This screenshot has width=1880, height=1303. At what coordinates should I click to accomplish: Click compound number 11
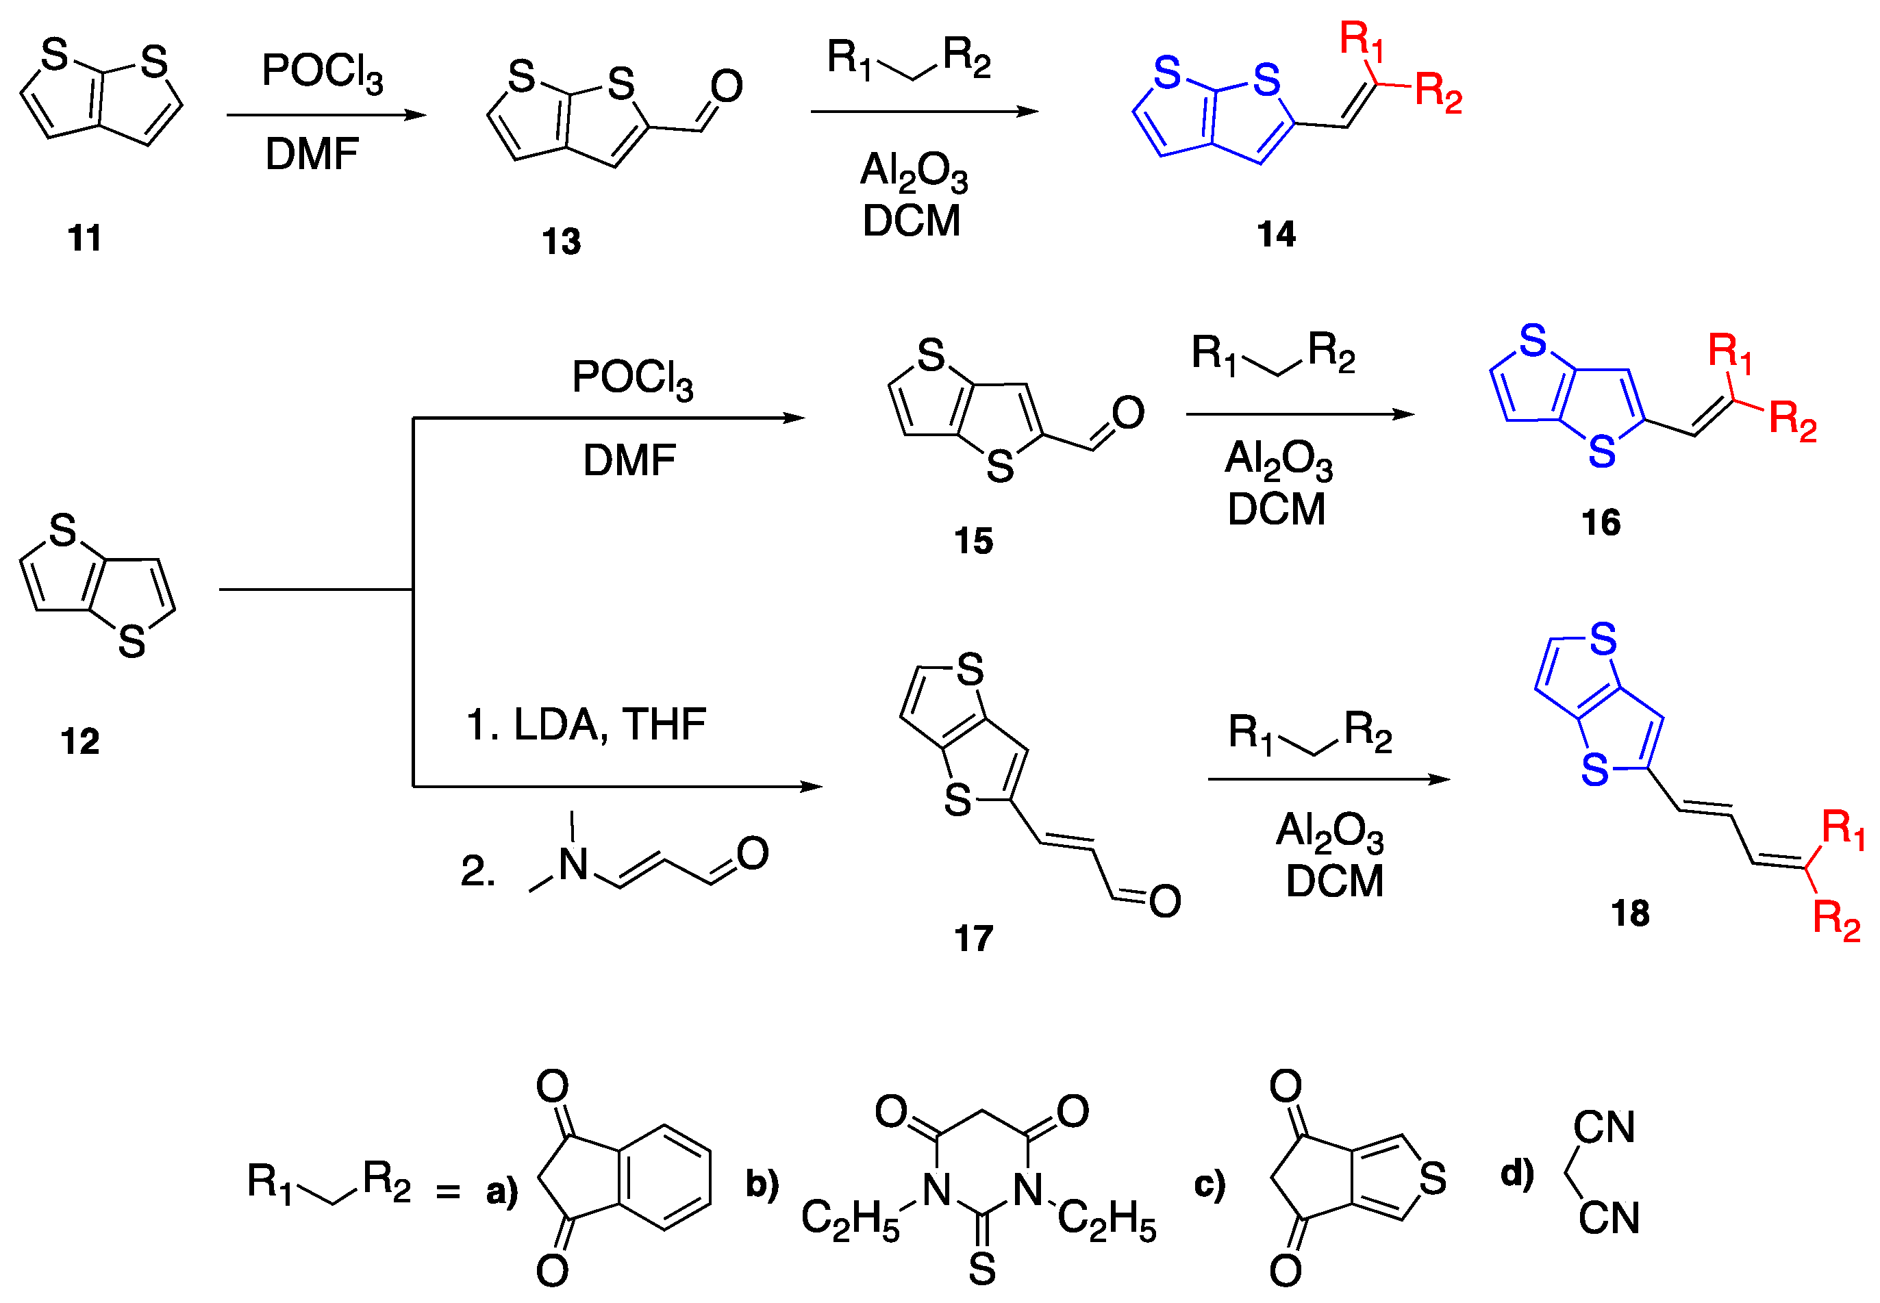[84, 238]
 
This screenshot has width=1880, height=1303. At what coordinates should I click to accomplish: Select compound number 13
[561, 242]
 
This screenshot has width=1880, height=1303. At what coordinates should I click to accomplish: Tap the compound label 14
[1276, 235]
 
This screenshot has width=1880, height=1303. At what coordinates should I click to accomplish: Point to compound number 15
[973, 540]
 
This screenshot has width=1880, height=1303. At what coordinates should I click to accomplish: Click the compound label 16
[1601, 522]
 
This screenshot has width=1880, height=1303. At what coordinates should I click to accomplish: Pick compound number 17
[973, 938]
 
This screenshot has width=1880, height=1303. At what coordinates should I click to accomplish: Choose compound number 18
[1630, 913]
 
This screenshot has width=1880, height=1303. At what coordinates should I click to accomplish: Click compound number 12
[80, 742]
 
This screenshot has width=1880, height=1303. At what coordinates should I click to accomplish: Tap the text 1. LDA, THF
[586, 724]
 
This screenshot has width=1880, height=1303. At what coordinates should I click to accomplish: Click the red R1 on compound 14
[1362, 41]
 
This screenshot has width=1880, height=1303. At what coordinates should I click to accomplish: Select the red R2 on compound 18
[1836, 920]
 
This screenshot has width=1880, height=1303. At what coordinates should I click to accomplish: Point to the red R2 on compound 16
[1792, 421]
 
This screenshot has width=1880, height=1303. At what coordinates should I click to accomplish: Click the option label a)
[501, 1191]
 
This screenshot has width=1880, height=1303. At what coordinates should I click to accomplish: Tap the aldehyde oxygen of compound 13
[726, 86]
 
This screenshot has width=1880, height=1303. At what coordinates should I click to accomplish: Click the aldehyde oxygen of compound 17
[1164, 901]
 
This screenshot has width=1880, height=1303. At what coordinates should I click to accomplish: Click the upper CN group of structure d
[1604, 1128]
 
